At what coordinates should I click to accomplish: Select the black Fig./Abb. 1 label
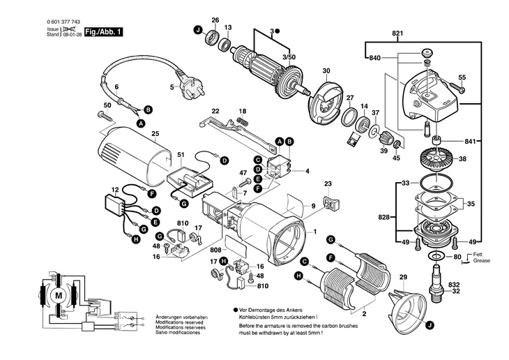pyautogui.click(x=102, y=31)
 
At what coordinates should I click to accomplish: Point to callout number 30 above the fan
pyautogui.click(x=326, y=71)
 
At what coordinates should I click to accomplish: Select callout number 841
pyautogui.click(x=490, y=142)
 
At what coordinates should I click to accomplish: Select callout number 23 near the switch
pyautogui.click(x=328, y=183)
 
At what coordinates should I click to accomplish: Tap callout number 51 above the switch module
pyautogui.click(x=181, y=154)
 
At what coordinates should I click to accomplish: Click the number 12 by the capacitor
pyautogui.click(x=115, y=189)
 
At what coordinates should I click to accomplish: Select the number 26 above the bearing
pyautogui.click(x=215, y=20)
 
